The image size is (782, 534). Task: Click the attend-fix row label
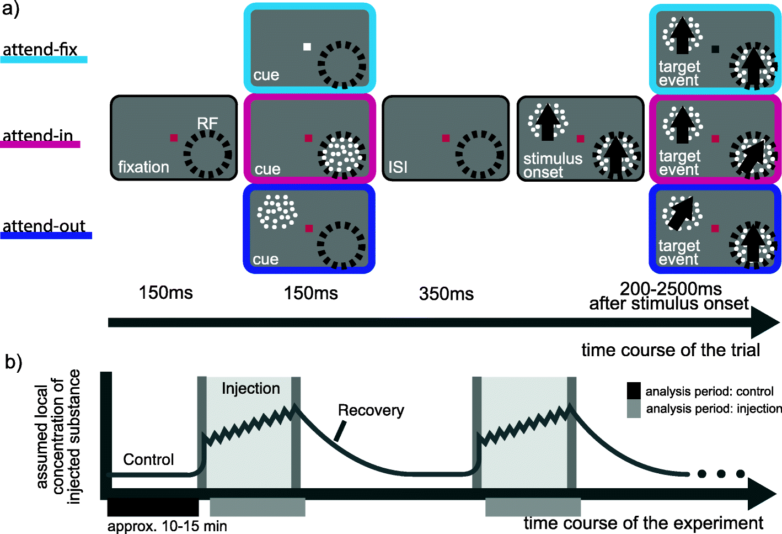pyautogui.click(x=40, y=50)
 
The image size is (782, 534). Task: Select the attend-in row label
pyautogui.click(x=38, y=136)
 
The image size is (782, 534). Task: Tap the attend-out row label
pyautogui.click(x=44, y=226)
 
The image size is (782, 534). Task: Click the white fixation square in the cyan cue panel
pyautogui.click(x=307, y=47)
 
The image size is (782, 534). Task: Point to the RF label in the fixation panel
pyautogui.click(x=207, y=123)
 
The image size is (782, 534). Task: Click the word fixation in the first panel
pyautogui.click(x=143, y=167)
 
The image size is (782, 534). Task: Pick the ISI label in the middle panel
pyautogui.click(x=398, y=167)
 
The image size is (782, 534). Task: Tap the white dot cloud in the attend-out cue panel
pyautogui.click(x=277, y=212)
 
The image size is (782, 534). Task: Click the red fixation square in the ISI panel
pyautogui.click(x=446, y=138)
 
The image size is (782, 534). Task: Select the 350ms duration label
pyautogui.click(x=446, y=294)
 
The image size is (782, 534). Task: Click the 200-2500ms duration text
pyautogui.click(x=671, y=288)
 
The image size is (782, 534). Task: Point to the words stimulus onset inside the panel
pyautogui.click(x=552, y=165)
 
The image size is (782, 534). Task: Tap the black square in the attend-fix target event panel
pyautogui.click(x=715, y=49)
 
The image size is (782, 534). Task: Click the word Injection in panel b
pyautogui.click(x=250, y=389)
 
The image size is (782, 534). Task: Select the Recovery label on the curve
pyautogui.click(x=371, y=410)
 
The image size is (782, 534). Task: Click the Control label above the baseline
pyautogui.click(x=148, y=459)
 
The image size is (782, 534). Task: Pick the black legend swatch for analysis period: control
pyautogui.click(x=634, y=391)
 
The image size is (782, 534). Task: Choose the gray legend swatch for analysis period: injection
pyautogui.click(x=634, y=409)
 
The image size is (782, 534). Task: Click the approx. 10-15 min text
pyautogui.click(x=167, y=526)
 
